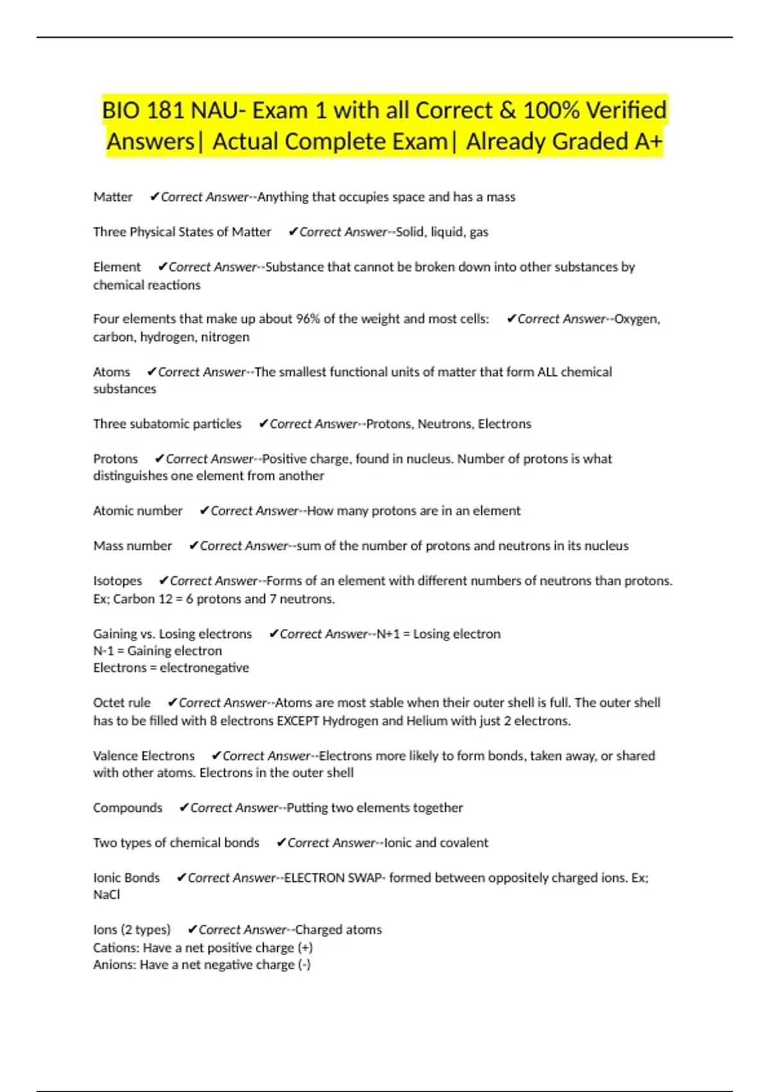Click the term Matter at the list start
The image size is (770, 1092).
(x=113, y=197)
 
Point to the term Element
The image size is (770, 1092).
(x=117, y=267)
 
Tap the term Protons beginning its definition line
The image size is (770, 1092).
(x=116, y=459)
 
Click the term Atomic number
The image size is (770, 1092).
(x=138, y=511)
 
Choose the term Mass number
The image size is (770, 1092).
(x=133, y=546)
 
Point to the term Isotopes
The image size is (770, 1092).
(x=117, y=581)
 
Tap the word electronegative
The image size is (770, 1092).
(x=204, y=668)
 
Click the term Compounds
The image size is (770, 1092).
(x=128, y=808)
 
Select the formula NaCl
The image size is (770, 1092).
(x=107, y=895)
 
